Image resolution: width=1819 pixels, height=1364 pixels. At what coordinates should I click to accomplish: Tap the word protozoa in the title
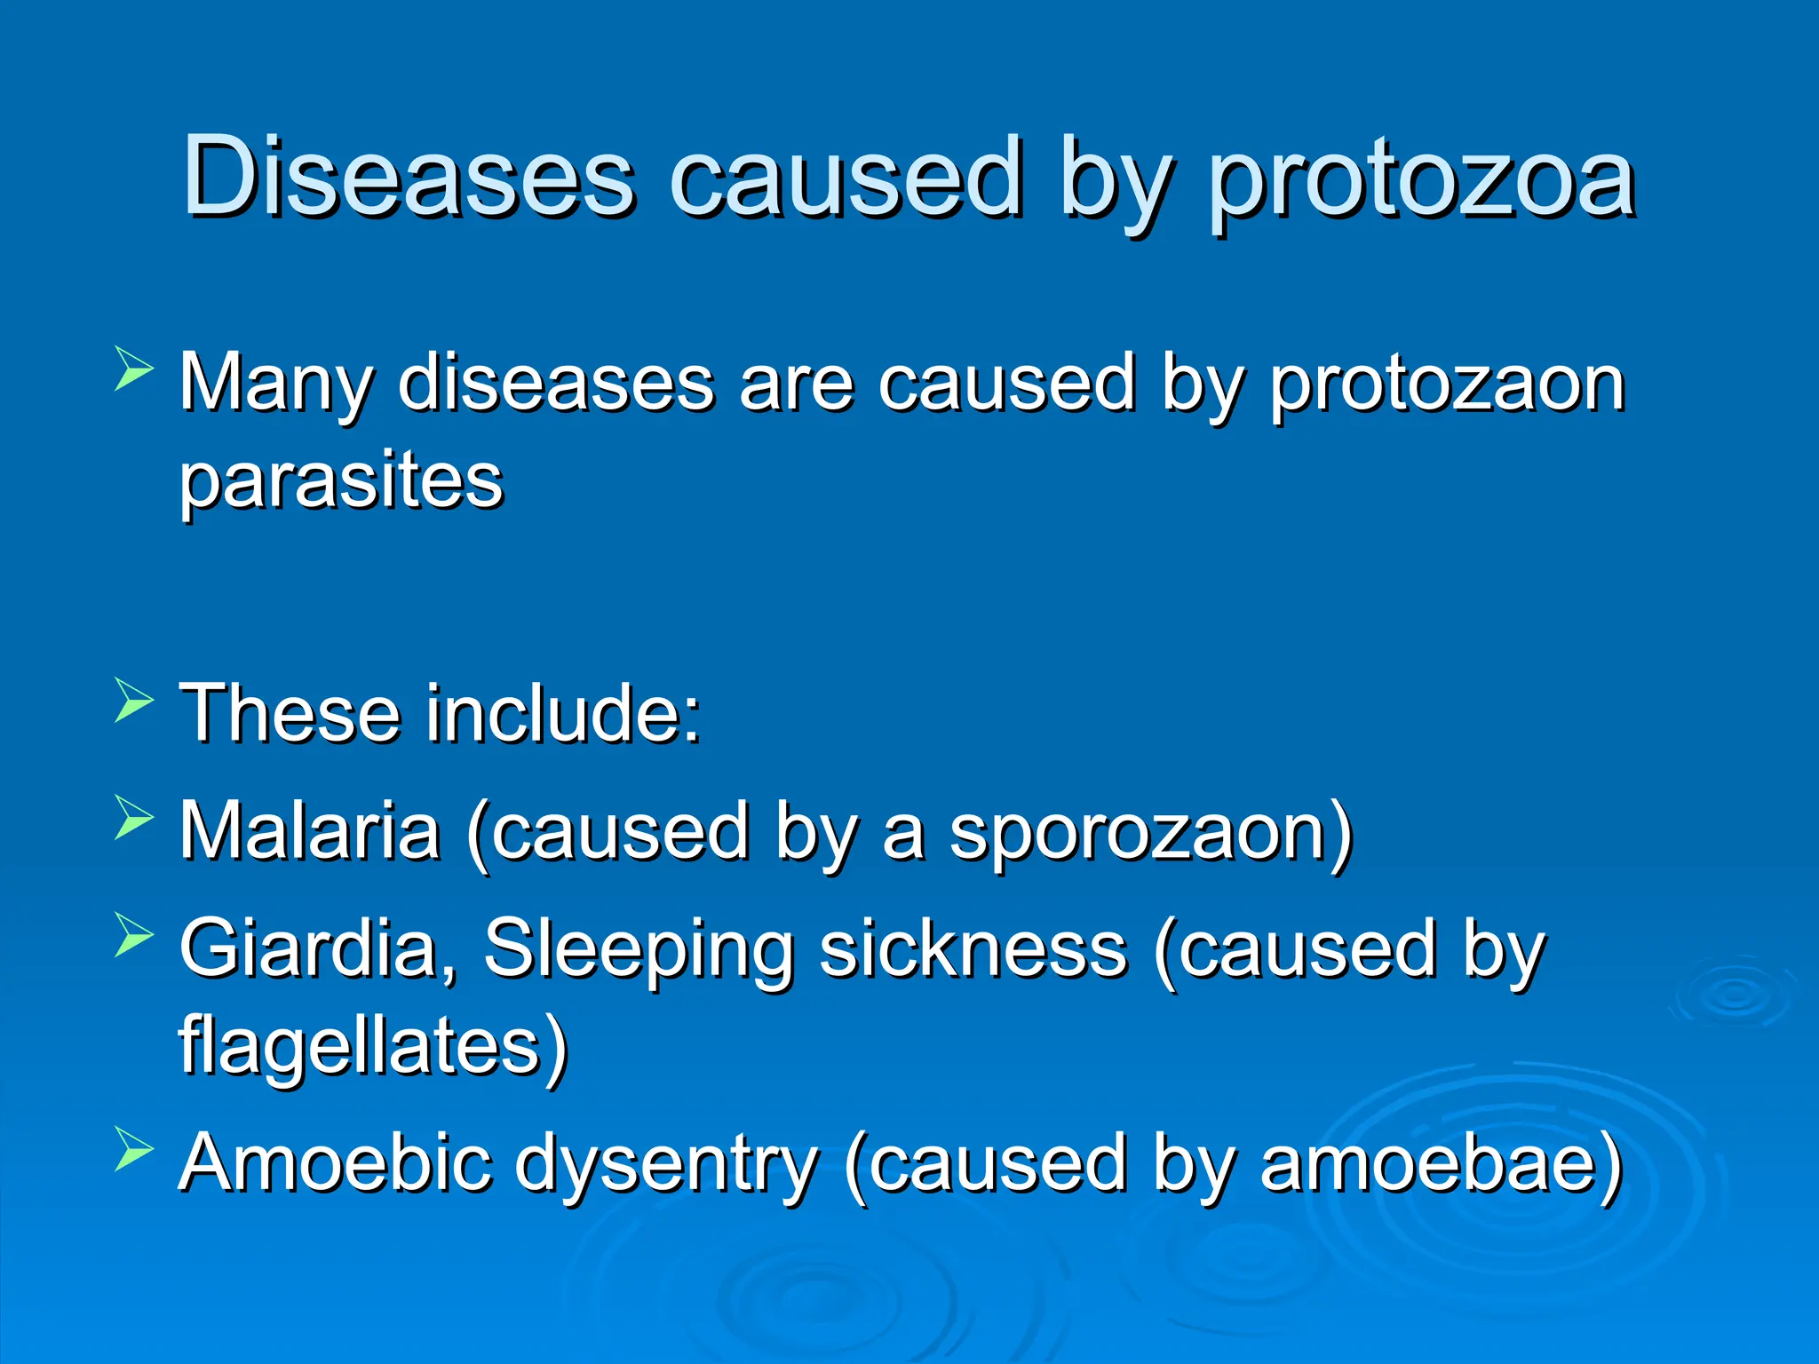[1421, 182]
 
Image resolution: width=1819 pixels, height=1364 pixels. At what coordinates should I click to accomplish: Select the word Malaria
[310, 831]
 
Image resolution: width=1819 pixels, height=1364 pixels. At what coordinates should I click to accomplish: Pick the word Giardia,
[318, 950]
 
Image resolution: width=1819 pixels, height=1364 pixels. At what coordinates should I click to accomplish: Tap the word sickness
[973, 950]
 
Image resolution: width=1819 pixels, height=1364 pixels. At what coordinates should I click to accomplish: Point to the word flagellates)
[373, 1048]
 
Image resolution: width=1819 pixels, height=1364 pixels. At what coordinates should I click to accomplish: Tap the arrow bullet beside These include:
[134, 700]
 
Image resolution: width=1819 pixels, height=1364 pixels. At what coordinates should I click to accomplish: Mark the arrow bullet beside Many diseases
[134, 369]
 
